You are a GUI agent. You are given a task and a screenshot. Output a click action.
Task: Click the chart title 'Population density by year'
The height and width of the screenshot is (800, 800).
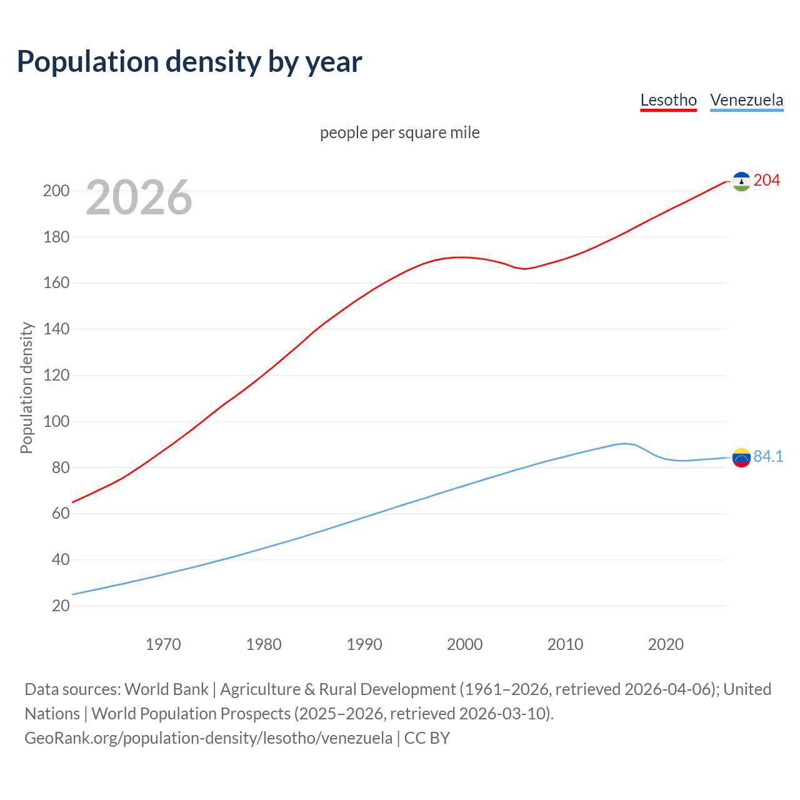pos(189,62)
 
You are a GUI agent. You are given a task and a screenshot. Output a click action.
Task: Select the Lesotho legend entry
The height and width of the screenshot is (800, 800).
pos(668,100)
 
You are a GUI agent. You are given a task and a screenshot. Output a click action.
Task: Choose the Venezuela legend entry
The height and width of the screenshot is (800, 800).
pos(746,100)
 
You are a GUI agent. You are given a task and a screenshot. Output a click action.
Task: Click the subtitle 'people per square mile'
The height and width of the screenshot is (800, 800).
pos(399,132)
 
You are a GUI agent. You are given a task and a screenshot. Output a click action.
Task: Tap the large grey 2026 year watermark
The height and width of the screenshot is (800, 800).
pos(139,197)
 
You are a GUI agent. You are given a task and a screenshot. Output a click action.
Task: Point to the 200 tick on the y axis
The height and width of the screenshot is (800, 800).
pos(56,191)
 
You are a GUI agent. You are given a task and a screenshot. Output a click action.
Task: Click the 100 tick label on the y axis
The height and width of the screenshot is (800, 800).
pos(56,421)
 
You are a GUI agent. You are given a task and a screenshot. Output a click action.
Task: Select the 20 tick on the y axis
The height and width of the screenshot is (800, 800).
pos(60,606)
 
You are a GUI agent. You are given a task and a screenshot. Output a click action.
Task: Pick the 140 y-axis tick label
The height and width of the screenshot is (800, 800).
pos(56,329)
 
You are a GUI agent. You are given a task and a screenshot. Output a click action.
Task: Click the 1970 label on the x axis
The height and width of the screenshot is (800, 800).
pos(163,644)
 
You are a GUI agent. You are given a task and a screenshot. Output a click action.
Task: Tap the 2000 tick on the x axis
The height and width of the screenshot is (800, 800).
pos(464,644)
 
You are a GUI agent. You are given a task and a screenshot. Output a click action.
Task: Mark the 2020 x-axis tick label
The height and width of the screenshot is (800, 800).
pos(666,644)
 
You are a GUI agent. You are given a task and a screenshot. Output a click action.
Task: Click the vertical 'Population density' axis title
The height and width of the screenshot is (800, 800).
pos(26,387)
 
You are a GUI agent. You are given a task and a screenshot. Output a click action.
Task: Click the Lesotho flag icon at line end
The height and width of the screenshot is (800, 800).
pos(741,181)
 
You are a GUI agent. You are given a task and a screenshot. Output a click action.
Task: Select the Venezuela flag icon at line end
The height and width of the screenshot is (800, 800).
pos(741,457)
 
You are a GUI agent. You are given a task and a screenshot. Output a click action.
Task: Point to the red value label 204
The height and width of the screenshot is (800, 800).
pos(767,181)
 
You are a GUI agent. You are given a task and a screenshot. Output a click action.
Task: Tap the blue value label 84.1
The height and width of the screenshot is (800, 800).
pos(768,457)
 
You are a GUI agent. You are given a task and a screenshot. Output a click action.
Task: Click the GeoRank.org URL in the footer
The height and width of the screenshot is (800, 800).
pos(208,738)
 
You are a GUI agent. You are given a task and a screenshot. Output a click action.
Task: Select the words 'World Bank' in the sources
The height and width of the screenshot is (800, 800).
pos(166,689)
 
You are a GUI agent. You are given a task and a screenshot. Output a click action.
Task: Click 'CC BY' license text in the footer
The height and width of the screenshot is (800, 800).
pos(427,738)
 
